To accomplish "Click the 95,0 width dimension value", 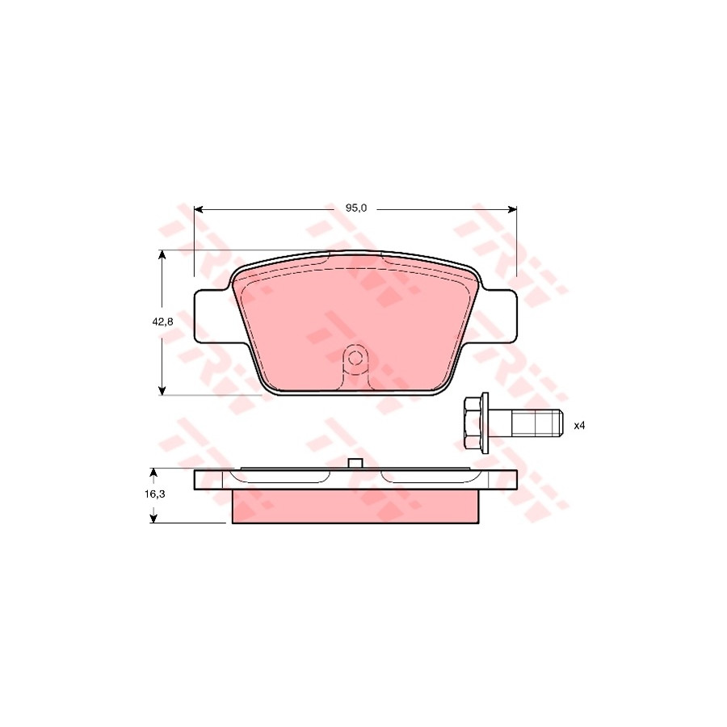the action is tap(355, 208).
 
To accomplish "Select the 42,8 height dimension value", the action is tap(162, 321).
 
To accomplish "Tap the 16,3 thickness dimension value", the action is tap(154, 494).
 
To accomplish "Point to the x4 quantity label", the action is tap(579, 425).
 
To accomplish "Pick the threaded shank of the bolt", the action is tap(536, 423).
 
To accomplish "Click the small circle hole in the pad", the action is tap(355, 359).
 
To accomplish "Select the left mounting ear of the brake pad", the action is tap(212, 317).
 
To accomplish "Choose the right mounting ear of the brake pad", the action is tap(498, 317).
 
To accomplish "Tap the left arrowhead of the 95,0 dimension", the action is tap(199, 209).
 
